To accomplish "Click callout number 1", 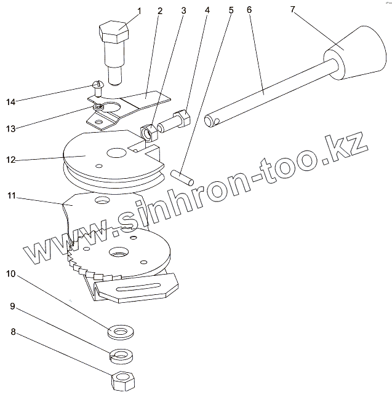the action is (138, 10).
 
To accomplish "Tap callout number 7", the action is (294, 10).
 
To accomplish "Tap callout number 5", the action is (231, 10).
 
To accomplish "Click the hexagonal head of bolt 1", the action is (113, 31).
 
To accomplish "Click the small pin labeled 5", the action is (183, 178).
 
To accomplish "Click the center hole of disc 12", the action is (115, 152).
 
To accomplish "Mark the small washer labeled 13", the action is (98, 108).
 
